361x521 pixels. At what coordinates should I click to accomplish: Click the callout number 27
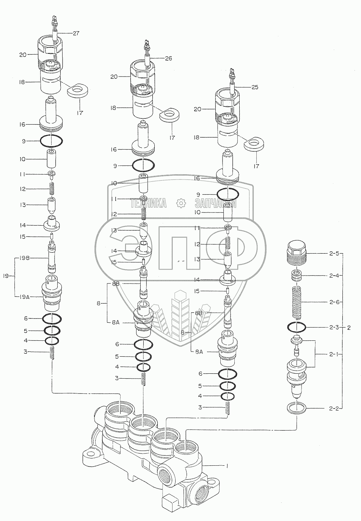pos(76,34)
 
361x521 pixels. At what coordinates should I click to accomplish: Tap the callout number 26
pos(168,58)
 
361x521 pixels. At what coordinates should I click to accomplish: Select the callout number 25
pos(254,87)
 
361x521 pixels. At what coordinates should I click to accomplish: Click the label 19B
pos(24,258)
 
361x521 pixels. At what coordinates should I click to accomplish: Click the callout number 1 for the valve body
pos(227,466)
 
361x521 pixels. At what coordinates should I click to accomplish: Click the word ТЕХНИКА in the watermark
pos(148,204)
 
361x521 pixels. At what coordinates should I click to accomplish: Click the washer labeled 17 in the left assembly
pos(79,90)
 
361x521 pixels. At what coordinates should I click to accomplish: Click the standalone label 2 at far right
pos(349,327)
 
